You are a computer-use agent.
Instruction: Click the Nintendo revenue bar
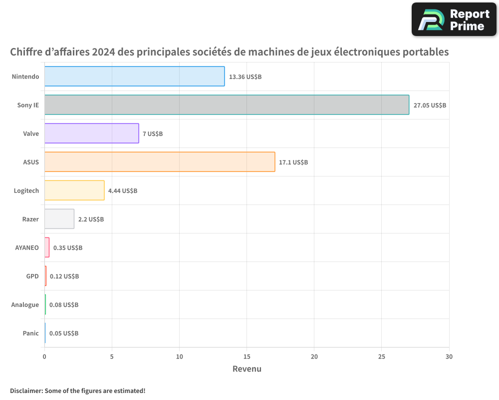tap(134, 76)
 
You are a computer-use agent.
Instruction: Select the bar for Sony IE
tap(227, 105)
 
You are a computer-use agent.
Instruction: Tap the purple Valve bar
tap(91, 133)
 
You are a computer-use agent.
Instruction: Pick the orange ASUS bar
tap(160, 162)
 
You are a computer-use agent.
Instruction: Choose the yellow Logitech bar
tap(74, 190)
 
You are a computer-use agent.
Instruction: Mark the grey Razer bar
tap(59, 219)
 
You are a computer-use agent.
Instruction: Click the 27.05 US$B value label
tap(430, 105)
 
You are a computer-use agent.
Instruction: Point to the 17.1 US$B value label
tap(293, 162)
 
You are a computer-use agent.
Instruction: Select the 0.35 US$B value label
tap(68, 248)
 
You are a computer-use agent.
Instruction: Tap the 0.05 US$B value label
tap(64, 333)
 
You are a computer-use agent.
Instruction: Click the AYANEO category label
tap(27, 247)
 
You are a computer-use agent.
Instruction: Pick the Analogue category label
tap(25, 304)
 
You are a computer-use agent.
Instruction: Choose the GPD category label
tap(32, 276)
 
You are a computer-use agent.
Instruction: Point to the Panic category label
tap(30, 333)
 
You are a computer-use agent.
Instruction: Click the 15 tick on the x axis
tap(247, 357)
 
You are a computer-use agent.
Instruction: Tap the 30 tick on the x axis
tap(449, 357)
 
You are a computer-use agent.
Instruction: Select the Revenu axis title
tap(247, 369)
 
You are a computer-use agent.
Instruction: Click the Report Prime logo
tap(454, 19)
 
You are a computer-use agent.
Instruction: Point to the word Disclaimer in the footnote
tap(25, 390)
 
